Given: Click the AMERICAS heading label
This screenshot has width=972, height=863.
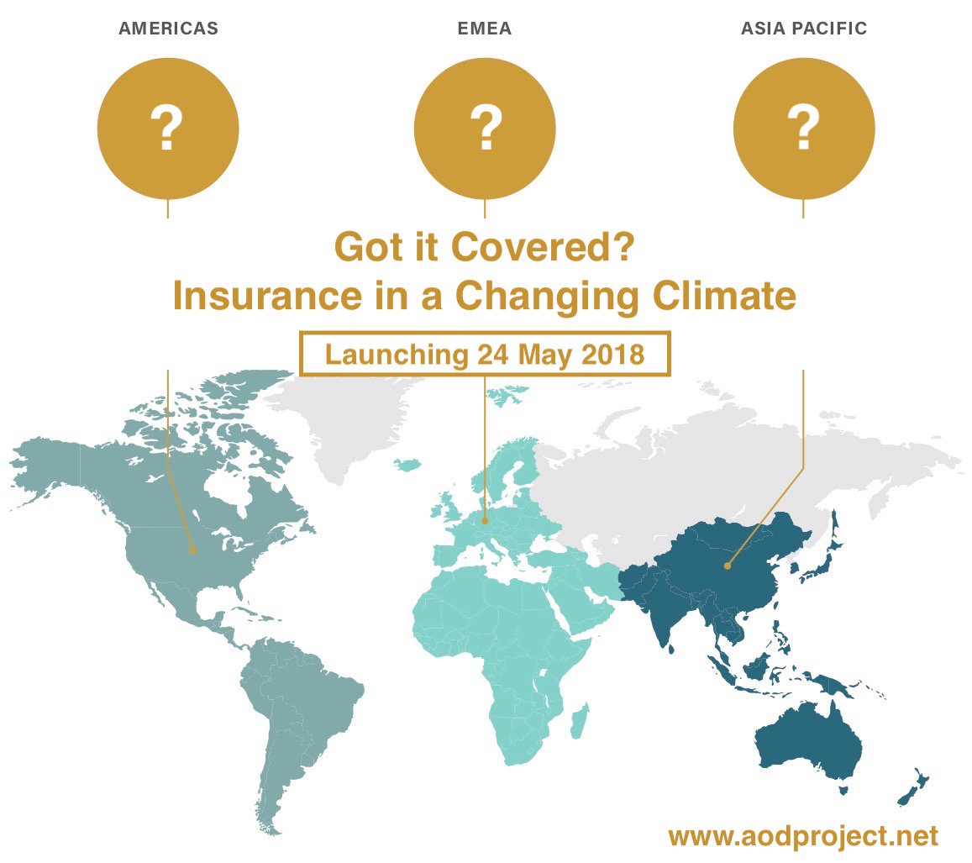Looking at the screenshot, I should (168, 29).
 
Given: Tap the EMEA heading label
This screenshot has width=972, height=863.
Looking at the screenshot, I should (484, 29).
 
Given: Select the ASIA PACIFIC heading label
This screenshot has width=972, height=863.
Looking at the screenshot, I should (803, 29).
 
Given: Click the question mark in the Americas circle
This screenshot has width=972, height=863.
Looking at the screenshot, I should (167, 129).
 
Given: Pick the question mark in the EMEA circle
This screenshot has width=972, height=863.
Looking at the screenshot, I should (485, 129).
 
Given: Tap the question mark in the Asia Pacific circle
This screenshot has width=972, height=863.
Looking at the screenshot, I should (803, 129).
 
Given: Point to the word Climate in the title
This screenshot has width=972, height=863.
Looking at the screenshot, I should (728, 297).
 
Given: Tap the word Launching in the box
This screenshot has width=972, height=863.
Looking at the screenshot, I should (395, 354).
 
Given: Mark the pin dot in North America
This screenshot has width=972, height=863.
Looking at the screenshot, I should (193, 551).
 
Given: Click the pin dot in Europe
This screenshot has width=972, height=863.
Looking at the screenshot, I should (485, 522).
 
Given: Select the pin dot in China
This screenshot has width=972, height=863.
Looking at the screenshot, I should (728, 565).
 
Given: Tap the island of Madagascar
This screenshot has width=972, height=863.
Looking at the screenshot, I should (579, 723).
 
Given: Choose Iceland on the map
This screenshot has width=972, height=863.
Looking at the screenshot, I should (409, 464).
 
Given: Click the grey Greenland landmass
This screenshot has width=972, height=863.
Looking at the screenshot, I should (336, 420).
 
